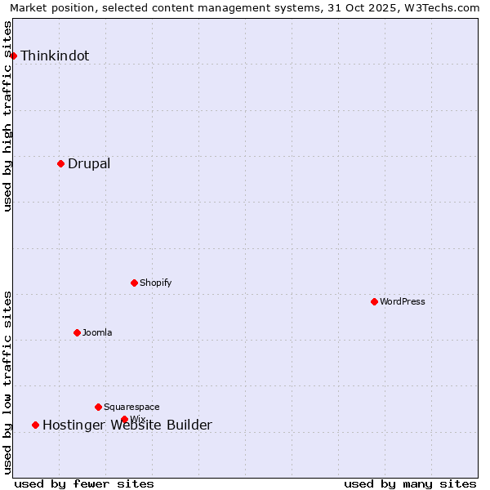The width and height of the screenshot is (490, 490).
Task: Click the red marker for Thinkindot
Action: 14,56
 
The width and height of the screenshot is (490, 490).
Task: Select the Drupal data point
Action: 60,163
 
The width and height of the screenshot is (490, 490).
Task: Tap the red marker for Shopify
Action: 134,283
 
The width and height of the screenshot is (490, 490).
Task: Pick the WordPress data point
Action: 374,301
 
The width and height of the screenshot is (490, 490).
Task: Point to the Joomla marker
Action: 77,332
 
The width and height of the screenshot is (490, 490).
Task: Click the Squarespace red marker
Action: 98,407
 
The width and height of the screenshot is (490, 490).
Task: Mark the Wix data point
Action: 124,419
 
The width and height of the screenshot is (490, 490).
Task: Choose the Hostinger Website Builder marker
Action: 35,425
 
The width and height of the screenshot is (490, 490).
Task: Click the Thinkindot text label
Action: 55,56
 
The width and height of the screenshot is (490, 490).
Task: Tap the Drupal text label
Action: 89,164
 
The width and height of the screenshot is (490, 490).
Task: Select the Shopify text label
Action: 155,283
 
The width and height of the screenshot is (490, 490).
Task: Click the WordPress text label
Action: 403,301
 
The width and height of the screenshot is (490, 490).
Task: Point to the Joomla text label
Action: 97,332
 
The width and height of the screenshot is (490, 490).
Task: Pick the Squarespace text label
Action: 131,407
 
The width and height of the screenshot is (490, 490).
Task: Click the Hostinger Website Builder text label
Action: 127,425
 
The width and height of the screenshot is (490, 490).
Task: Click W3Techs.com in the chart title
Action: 440,7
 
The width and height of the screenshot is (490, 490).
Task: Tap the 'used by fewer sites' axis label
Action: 84,483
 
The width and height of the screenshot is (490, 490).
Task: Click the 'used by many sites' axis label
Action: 410,483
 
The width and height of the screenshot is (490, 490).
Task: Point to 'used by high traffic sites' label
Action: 8,116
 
